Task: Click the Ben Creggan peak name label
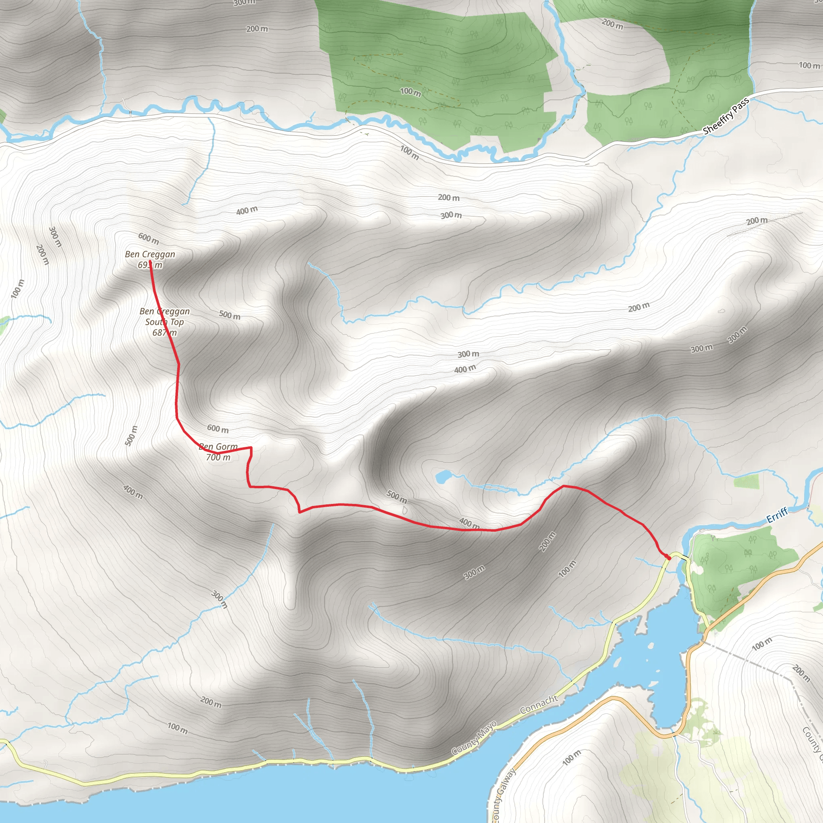tap(150, 254)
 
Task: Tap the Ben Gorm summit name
tap(219, 446)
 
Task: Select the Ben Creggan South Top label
tap(164, 317)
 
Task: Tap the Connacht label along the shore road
tap(538, 704)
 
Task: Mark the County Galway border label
tap(503, 794)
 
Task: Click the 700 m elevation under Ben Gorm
tap(218, 457)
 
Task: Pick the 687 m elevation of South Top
tap(164, 332)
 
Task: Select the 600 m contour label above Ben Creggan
tap(149, 239)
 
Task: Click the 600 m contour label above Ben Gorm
tap(218, 428)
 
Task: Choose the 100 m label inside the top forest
tap(411, 92)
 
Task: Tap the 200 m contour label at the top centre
tap(257, 29)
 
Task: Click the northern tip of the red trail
tap(150, 261)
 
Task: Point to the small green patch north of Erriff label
tap(746, 482)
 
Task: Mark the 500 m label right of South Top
tap(229, 315)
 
